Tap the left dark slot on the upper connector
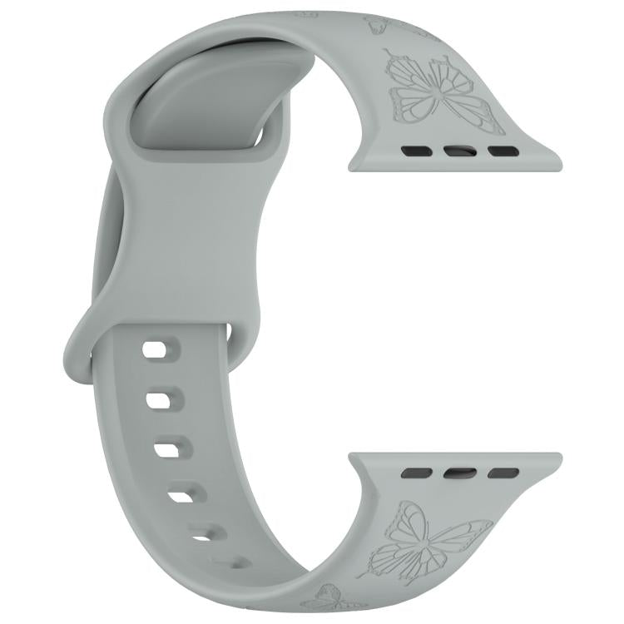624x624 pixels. pyautogui.click(x=411, y=151)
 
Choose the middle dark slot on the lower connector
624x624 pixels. pyautogui.click(x=459, y=473)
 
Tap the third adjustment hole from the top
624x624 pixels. pyautogui.click(x=167, y=450)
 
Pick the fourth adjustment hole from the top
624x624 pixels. pyautogui.click(x=181, y=497)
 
